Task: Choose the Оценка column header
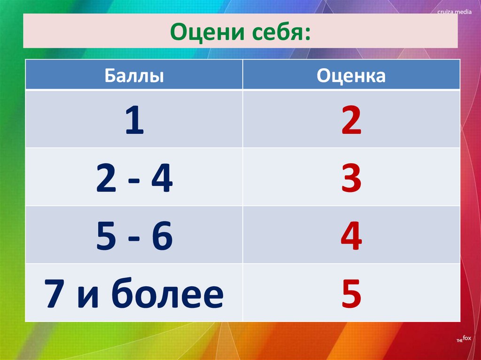[x=351, y=75]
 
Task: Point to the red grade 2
[x=351, y=121]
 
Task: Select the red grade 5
[x=351, y=294]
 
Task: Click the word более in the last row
[x=168, y=294]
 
